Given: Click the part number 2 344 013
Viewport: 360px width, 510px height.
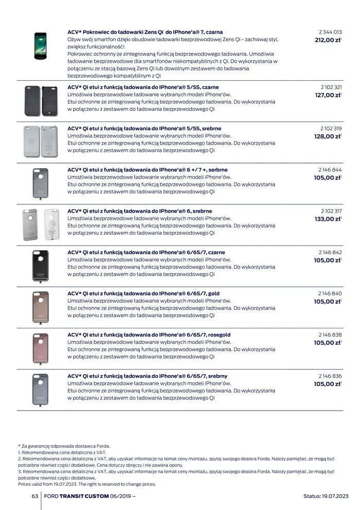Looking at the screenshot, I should [x=331, y=32].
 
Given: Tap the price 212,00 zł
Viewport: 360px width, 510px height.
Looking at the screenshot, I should [x=328, y=40].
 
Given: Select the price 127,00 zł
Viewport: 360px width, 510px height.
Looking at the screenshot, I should [x=328, y=95].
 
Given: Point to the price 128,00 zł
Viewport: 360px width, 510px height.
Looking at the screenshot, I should [x=328, y=136].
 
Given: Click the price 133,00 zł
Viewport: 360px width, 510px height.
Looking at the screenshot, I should [x=328, y=219].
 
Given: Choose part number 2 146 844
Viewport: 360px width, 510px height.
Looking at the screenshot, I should [x=330, y=170].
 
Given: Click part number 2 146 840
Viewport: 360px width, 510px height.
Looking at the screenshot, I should [x=330, y=293].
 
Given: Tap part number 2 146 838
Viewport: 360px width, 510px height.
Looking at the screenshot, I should [x=330, y=335].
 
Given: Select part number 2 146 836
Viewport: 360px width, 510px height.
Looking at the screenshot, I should [x=330, y=376].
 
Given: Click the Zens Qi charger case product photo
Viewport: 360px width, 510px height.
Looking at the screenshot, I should [x=40, y=46].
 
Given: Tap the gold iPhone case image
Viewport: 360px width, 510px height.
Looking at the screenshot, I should [x=40, y=307].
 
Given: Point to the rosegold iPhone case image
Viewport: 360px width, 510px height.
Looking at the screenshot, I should [x=40, y=348].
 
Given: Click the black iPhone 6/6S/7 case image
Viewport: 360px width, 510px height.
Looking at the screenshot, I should [x=40, y=266].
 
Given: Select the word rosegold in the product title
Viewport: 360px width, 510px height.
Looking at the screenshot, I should [x=219, y=335].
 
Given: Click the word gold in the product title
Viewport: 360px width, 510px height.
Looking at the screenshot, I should [x=213, y=293].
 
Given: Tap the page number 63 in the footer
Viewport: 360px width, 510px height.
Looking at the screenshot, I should [x=35, y=496].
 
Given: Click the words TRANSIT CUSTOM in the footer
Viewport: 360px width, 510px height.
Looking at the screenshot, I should [x=84, y=496].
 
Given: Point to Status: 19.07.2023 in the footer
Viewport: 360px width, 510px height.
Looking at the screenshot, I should [x=326, y=496].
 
